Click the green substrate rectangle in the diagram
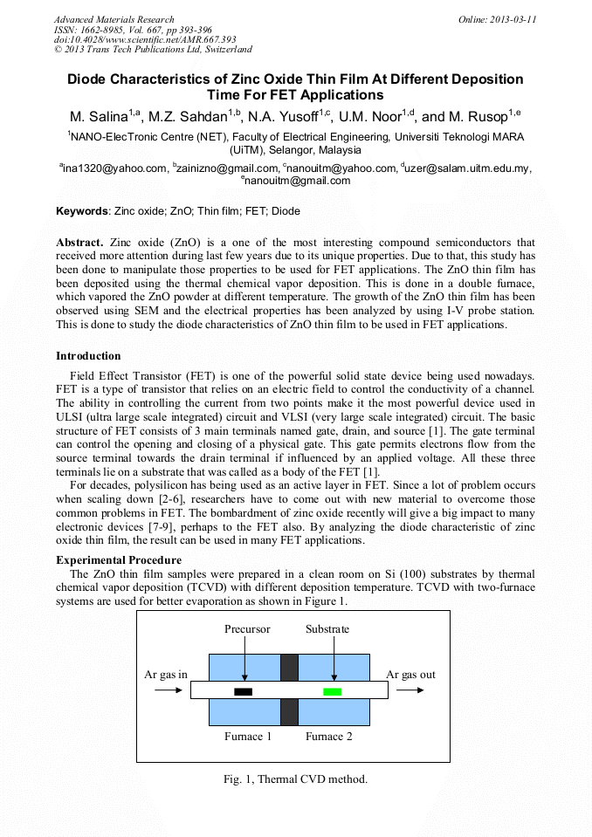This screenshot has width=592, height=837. click(332, 692)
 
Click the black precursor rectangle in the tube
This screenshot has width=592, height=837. click(243, 692)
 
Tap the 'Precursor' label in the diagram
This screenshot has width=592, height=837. click(247, 629)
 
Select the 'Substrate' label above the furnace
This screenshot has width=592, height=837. click(327, 629)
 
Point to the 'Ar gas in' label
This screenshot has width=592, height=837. click(166, 675)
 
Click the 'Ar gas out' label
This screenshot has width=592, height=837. click(410, 675)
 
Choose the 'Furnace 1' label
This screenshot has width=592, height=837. click(248, 737)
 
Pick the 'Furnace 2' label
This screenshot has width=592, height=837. click(328, 737)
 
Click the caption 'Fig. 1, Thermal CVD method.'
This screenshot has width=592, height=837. click(295, 779)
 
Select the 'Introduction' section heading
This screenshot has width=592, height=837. click(88, 356)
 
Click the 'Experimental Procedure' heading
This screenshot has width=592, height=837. click(119, 559)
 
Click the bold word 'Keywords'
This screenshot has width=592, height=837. click(83, 211)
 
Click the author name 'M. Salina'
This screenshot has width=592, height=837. click(100, 117)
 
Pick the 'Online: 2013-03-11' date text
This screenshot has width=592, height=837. click(497, 19)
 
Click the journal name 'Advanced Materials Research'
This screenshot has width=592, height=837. click(114, 19)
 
